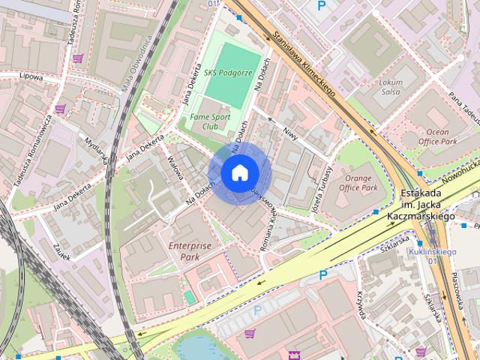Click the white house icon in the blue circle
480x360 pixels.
point(238,173)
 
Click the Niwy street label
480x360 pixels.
point(290,133)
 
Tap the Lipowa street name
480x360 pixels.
point(31,76)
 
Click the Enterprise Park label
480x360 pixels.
point(190,250)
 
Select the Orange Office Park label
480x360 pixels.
point(358,183)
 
